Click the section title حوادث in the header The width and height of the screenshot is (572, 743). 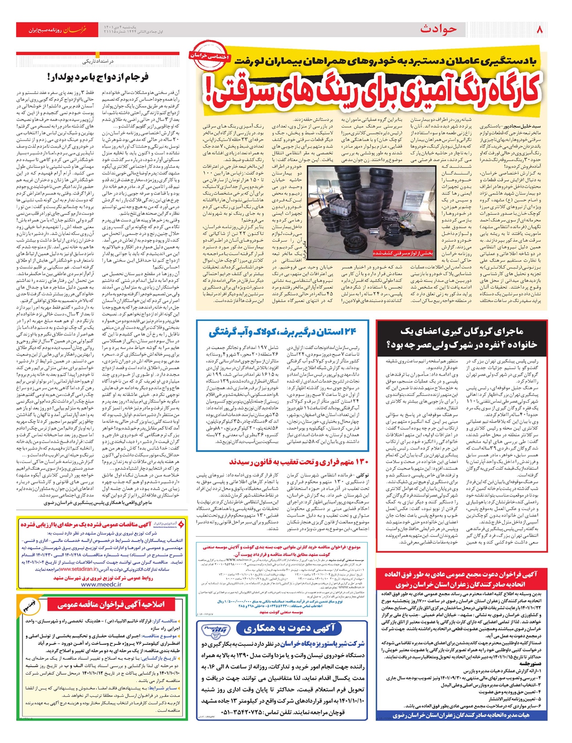(x=438, y=30)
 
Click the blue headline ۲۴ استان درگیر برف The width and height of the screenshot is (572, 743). (x=283, y=332)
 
